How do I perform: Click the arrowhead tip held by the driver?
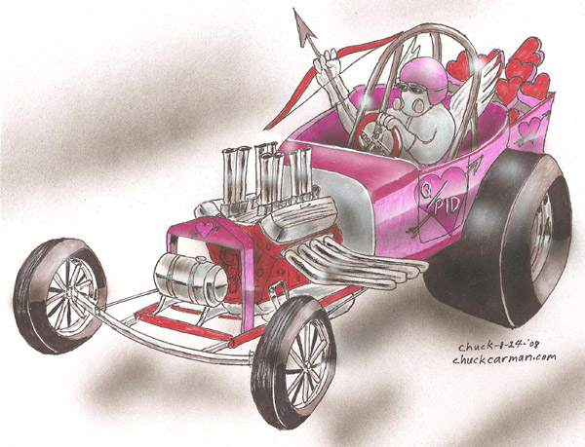click(295, 10)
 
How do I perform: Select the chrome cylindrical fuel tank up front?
click(191, 279)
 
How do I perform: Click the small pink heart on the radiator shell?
click(204, 227)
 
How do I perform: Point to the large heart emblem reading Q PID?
click(443, 203)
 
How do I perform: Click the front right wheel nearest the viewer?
click(293, 362)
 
